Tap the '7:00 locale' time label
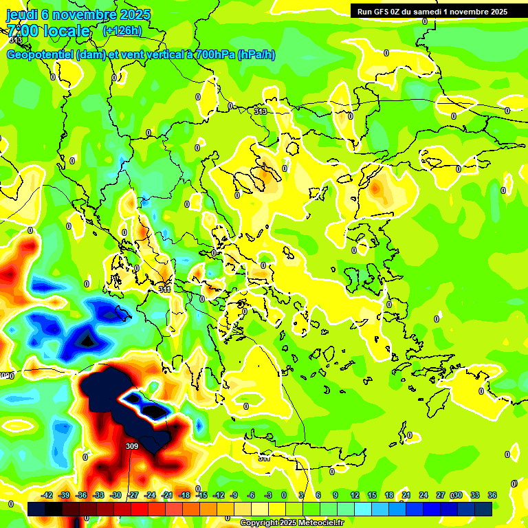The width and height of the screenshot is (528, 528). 48,31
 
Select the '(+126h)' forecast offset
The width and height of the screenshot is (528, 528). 122,31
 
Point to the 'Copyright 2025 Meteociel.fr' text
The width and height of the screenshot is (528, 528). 291,523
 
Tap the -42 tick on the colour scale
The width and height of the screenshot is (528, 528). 47,495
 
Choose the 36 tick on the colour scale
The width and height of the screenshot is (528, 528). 492,495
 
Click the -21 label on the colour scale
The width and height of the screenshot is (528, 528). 167,495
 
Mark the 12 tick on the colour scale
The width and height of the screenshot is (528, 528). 355,495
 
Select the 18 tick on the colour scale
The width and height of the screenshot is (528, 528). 389,495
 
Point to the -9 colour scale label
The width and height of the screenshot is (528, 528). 234,495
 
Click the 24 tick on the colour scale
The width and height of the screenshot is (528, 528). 423,495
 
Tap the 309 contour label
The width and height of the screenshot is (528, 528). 132,446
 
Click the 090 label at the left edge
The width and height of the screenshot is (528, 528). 7,375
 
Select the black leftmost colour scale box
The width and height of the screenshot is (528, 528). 36,509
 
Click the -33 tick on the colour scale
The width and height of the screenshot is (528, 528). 98,495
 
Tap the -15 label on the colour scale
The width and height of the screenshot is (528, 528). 201,495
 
